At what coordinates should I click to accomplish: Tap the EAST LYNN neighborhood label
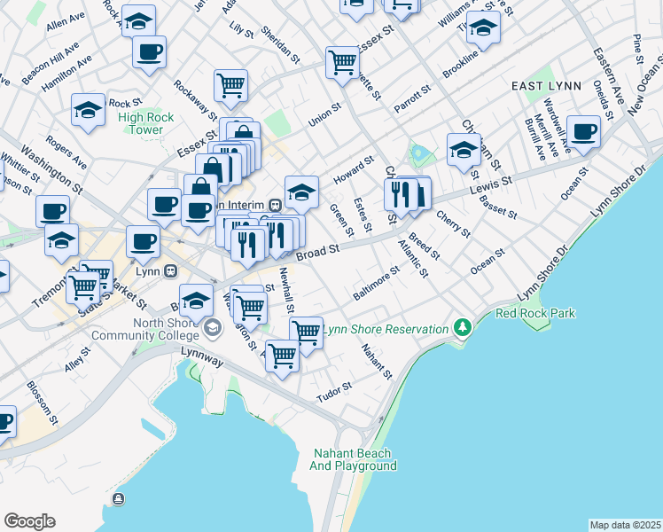(x=546, y=86)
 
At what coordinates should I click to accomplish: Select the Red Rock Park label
(x=535, y=313)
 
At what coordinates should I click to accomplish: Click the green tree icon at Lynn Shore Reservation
(x=461, y=329)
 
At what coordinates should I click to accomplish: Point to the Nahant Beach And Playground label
(x=352, y=459)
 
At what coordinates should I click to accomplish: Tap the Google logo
(x=29, y=521)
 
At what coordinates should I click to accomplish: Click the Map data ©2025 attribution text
(x=625, y=525)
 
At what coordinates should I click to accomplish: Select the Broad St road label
(x=318, y=254)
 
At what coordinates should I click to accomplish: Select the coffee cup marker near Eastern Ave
(x=583, y=132)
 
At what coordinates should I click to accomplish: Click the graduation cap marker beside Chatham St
(x=464, y=149)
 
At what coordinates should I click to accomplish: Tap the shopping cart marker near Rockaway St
(x=230, y=86)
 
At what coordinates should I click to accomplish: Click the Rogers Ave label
(x=66, y=152)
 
